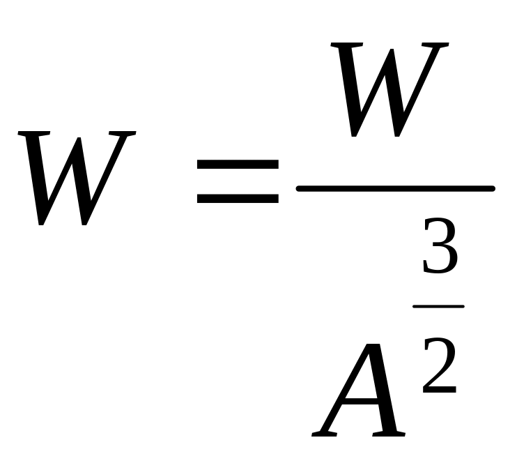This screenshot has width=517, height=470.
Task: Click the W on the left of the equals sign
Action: (x=77, y=177)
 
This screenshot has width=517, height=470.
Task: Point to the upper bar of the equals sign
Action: (x=238, y=165)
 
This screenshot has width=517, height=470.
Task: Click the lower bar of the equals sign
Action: (x=238, y=198)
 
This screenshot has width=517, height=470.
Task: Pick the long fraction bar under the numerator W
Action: (x=395, y=188)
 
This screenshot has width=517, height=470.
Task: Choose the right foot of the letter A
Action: (x=390, y=434)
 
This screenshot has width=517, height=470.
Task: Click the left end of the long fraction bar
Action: (x=300, y=188)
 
